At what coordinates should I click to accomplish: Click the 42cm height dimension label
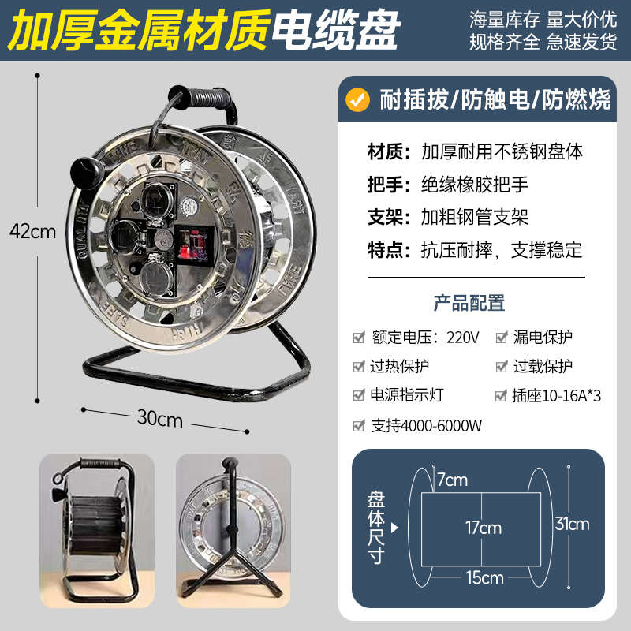coord(32,231)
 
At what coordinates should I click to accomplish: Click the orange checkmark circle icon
coord(360,99)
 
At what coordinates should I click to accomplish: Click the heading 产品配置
coord(469,303)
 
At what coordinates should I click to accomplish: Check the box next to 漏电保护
coord(502,338)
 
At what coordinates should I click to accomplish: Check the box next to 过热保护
coord(359,367)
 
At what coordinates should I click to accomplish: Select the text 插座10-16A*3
coord(557,396)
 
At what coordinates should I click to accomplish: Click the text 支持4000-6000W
coord(426,426)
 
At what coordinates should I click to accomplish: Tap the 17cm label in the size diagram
coord(483,527)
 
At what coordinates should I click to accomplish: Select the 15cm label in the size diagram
coord(483,577)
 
